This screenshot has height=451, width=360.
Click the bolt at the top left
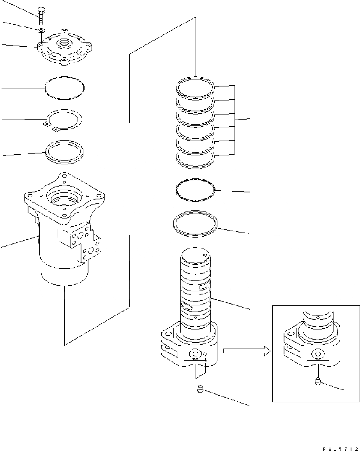pos(41,15)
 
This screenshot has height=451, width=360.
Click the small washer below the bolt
pos(41,30)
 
